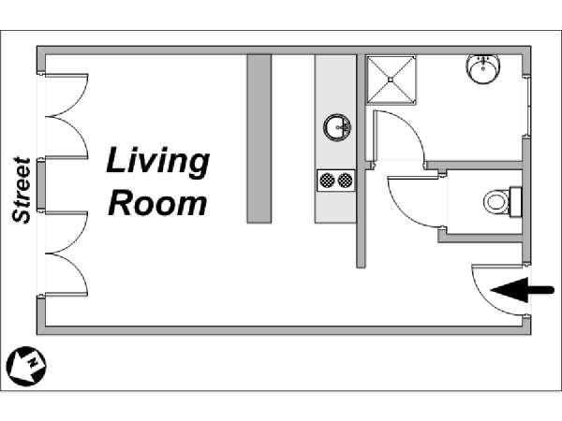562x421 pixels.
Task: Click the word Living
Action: tap(157, 163)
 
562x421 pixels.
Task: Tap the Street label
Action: tap(22, 190)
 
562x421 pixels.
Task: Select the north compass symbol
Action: tap(26, 366)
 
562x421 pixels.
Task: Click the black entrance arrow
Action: tap(522, 290)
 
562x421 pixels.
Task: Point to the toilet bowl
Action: tap(496, 202)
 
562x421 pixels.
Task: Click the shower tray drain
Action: tap(391, 80)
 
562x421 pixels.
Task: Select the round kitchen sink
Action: tap(337, 127)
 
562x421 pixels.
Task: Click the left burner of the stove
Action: tap(327, 181)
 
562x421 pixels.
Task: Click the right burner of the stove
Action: tap(345, 181)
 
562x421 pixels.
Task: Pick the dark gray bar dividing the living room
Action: tap(259, 138)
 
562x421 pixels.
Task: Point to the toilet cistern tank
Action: tap(515, 201)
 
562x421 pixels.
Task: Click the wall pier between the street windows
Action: tap(41, 185)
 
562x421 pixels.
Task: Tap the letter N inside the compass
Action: tap(33, 362)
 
